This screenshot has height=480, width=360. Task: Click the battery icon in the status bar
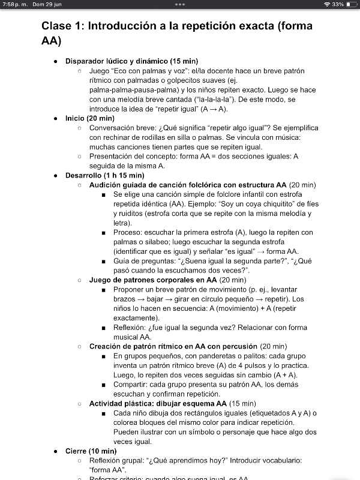coord(351,4)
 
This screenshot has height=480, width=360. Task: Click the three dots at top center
coord(180,4)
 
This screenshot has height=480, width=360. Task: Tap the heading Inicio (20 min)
coord(90,118)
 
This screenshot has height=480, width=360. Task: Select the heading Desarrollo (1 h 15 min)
coord(104,175)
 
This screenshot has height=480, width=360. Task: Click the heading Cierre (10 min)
coord(91,451)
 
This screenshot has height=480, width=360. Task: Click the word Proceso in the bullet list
coord(127,232)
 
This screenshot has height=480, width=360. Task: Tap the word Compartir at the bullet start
coord(131,384)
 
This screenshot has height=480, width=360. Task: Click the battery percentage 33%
coord(338,4)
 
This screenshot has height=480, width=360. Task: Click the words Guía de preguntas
coord(142,261)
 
